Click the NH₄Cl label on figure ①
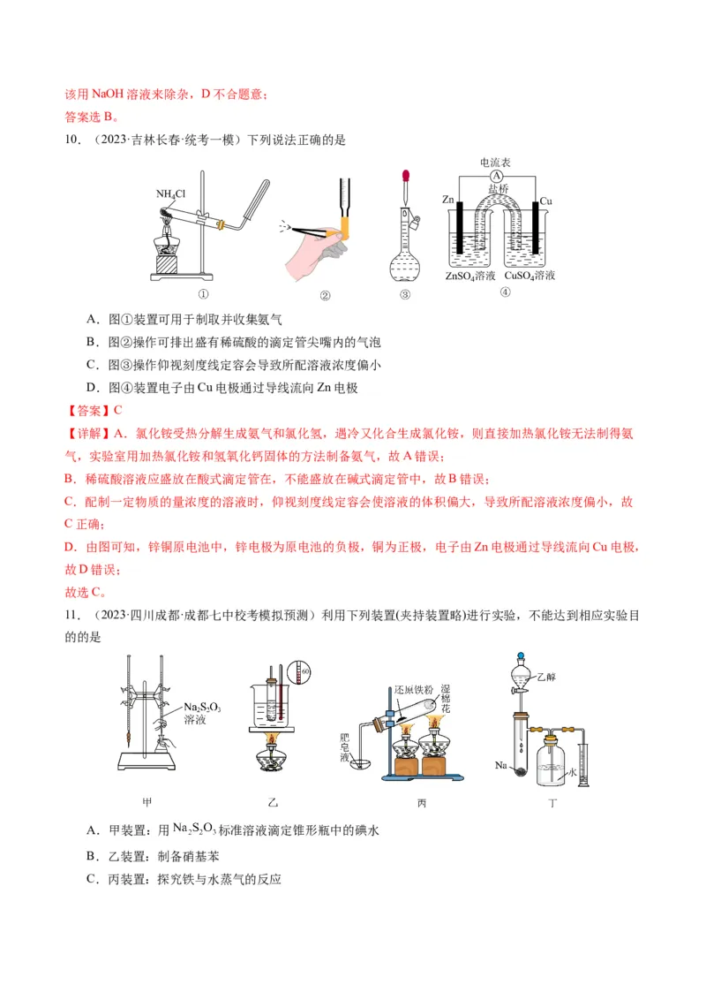170,193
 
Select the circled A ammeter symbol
497,177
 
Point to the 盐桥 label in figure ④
498,189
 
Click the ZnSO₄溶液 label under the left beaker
471,276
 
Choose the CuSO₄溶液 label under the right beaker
530,276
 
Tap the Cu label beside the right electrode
545,201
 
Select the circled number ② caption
325,296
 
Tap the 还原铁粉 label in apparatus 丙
412,688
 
